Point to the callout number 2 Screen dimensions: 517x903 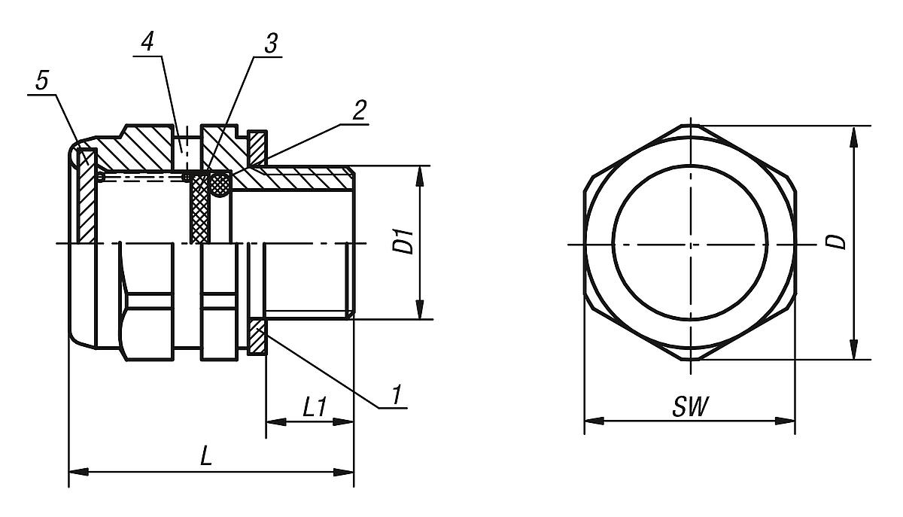tap(359, 111)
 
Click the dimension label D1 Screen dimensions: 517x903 tap(406, 242)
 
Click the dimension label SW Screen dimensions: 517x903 tap(689, 408)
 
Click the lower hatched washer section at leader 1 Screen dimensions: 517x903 tap(257, 338)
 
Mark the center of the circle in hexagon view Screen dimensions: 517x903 tap(691, 244)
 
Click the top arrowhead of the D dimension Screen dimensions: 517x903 tap(853, 134)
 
